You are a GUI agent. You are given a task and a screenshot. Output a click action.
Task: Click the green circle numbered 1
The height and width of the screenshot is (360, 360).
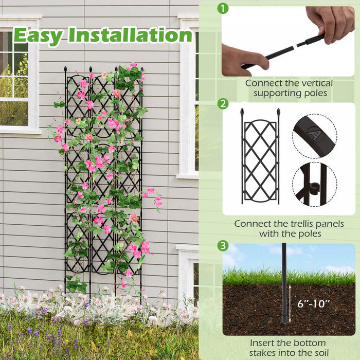[x=222, y=8]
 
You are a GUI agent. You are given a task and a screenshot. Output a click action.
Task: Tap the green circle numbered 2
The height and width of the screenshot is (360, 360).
[x=222, y=103]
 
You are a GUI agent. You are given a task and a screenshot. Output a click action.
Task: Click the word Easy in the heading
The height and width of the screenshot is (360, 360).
[x=38, y=35]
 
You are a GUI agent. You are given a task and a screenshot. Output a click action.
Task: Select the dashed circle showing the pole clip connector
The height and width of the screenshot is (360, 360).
[x=314, y=185]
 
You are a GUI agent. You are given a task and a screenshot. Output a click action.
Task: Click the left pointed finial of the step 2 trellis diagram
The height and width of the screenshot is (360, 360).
[x=242, y=111]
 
